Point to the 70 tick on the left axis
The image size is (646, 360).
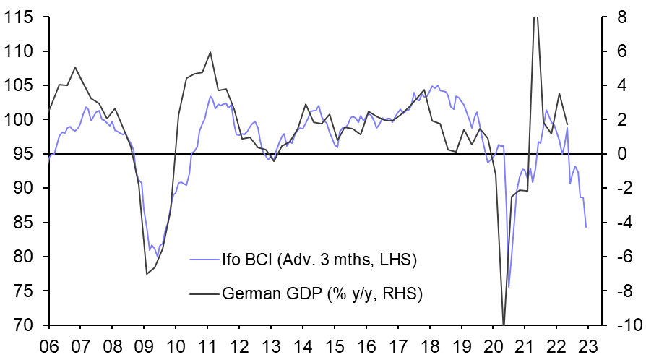24,325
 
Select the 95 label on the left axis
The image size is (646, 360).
24,154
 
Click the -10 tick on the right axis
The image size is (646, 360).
622,325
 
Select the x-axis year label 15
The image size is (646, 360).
335,346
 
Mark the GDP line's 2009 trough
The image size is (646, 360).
147,273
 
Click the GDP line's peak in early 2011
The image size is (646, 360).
210,52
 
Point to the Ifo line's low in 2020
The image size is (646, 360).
508,287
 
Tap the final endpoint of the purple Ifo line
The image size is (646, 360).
585,227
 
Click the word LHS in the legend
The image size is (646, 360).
395,258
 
